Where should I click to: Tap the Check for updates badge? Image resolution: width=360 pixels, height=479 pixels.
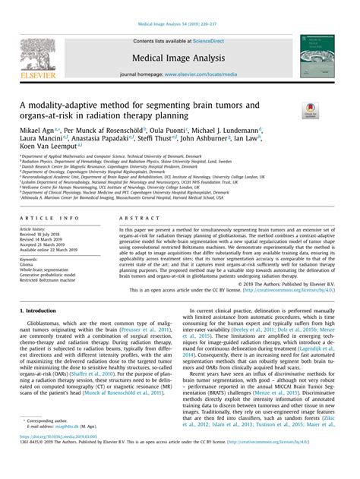(311, 112)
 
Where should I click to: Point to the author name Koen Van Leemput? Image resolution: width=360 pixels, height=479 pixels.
(46, 148)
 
